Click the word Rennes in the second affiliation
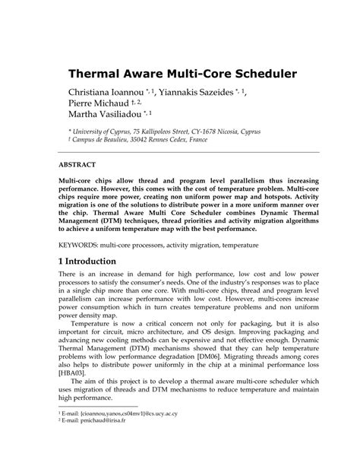tap(170, 151)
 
